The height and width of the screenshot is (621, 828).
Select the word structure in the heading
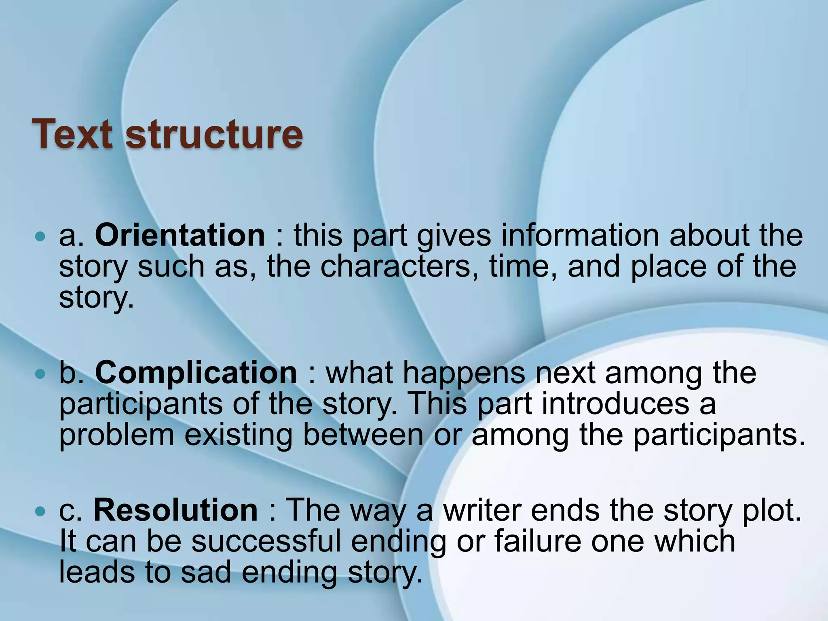point(214,134)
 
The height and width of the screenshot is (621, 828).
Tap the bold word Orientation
point(180,235)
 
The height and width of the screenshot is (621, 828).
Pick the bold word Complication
point(196,372)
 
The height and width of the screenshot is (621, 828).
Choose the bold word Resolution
point(175,510)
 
